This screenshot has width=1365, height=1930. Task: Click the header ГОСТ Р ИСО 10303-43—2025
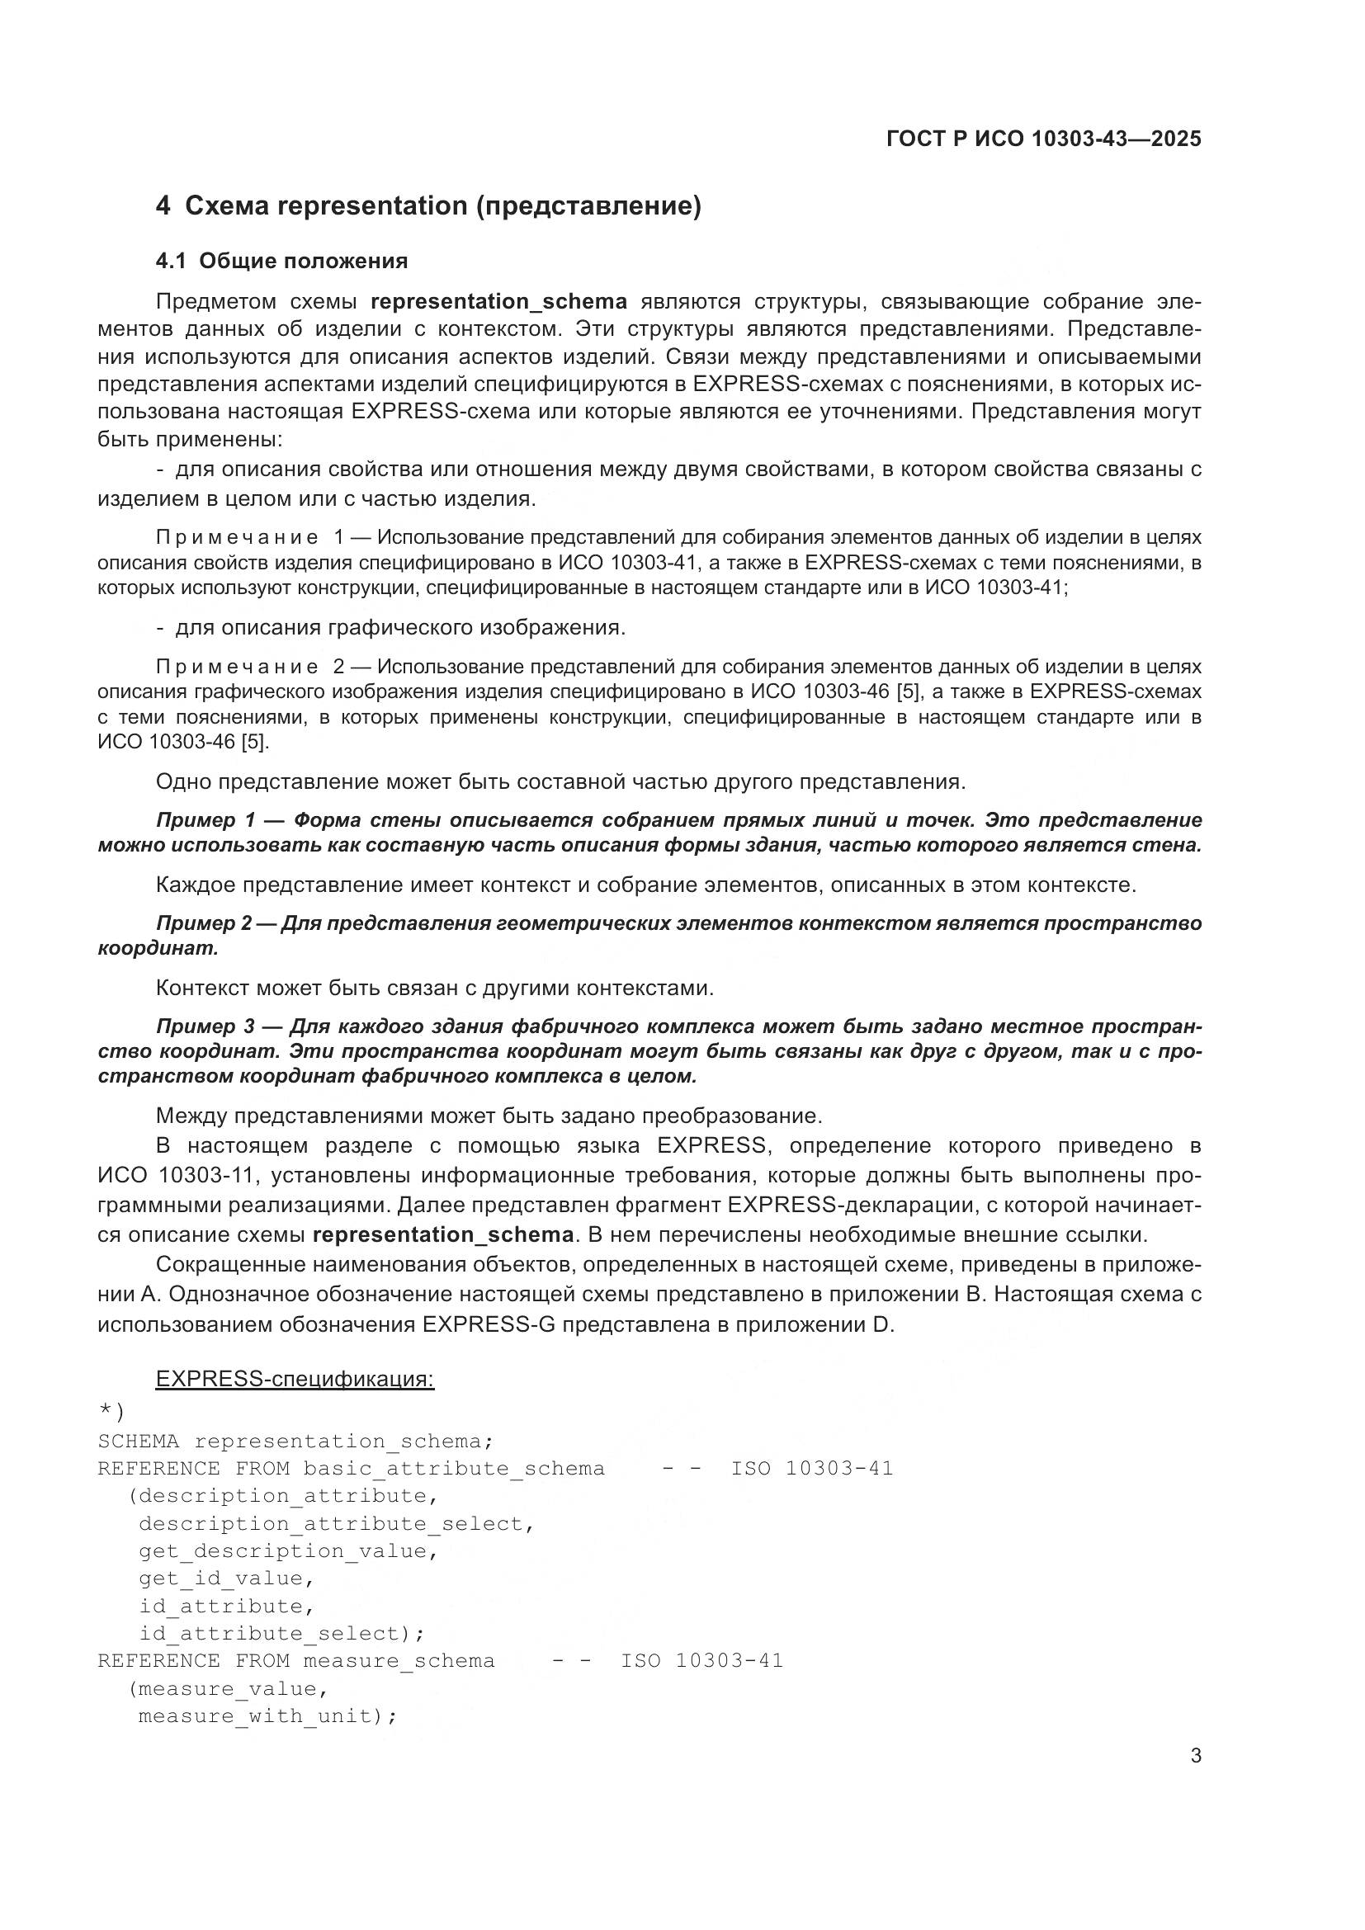pos(1044,139)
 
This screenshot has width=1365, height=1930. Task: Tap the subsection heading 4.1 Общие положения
pos(281,262)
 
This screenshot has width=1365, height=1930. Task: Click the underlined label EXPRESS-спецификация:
pos(295,1380)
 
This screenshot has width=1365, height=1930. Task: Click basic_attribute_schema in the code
pos(454,1469)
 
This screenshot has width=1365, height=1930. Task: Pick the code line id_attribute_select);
pos(281,1633)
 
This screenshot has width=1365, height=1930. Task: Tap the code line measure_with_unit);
pos(267,1715)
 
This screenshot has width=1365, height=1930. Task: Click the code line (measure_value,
pos(227,1689)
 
